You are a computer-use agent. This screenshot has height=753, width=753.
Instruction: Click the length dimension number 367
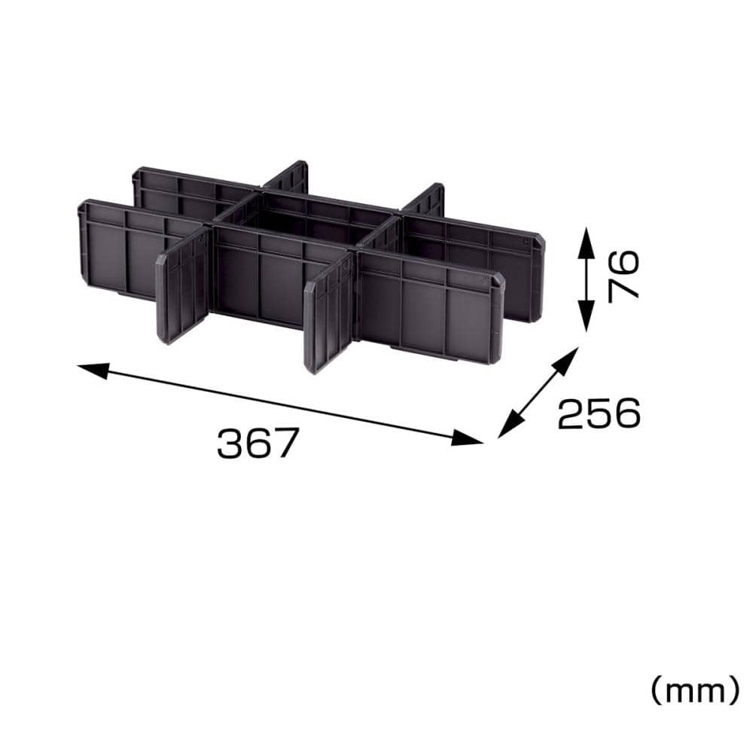[x=258, y=443]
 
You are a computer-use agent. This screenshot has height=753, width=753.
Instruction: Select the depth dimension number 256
[x=599, y=413]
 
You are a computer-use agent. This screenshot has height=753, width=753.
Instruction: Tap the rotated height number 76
[x=623, y=276]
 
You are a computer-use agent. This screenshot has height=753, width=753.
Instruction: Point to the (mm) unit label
[x=695, y=691]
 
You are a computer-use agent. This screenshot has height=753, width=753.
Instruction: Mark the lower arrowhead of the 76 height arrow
[x=585, y=317]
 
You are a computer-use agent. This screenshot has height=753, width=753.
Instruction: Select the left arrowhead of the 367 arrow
[x=93, y=370]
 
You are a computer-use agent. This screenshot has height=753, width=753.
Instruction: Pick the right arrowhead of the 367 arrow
[x=467, y=438]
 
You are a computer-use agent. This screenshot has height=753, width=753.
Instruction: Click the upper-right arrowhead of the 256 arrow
[x=567, y=360]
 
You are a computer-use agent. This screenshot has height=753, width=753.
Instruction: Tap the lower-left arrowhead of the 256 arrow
[x=509, y=425]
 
